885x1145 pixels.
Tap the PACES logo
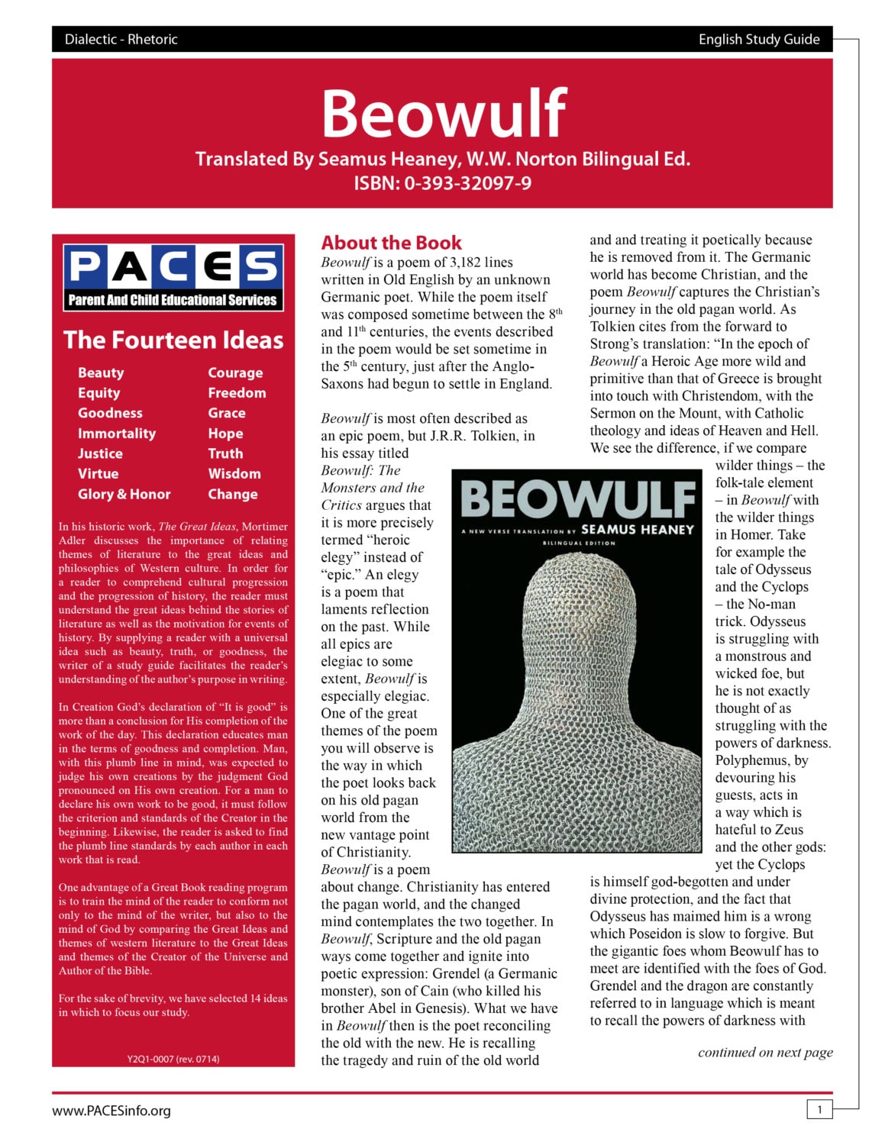click(x=173, y=277)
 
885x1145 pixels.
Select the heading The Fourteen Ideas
click(x=173, y=340)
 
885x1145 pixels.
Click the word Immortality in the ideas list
click(x=116, y=434)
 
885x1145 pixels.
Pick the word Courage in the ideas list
click(x=235, y=373)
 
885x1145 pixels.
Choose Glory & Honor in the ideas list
click(x=124, y=494)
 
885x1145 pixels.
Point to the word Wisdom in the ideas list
click(x=234, y=474)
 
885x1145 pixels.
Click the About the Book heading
click(x=391, y=243)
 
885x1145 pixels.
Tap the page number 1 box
click(x=819, y=1109)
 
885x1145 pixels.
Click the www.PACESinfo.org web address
click(x=111, y=1111)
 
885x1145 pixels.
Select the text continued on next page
click(x=764, y=1052)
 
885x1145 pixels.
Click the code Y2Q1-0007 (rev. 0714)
click(x=173, y=1059)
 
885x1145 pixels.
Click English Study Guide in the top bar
click(x=758, y=40)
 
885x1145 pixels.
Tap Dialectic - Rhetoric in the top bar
click(x=121, y=40)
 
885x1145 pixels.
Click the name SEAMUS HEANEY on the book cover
click(x=637, y=529)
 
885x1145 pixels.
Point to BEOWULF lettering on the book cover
click(x=578, y=500)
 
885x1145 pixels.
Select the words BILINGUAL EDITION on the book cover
click(x=578, y=543)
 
